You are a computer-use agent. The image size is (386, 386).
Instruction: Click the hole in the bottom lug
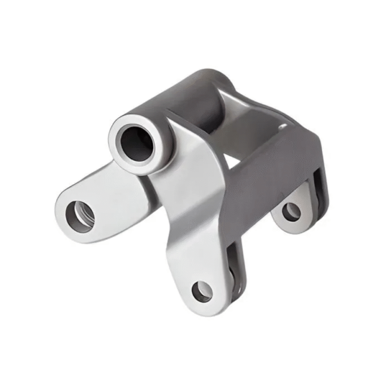(202, 291)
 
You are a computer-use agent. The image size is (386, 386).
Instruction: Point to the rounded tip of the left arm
(60, 212)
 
